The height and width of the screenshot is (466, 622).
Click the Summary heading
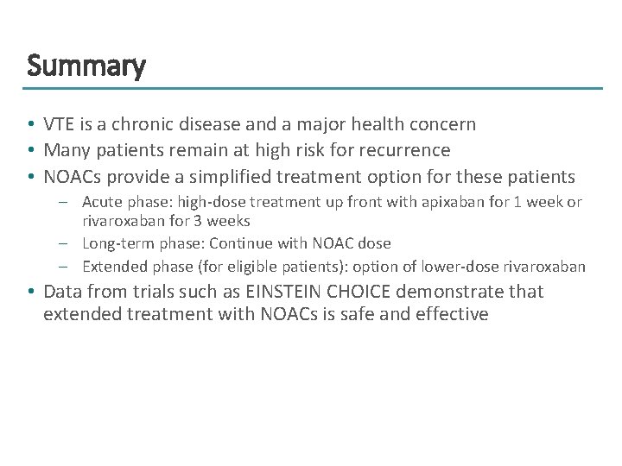coord(86,66)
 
